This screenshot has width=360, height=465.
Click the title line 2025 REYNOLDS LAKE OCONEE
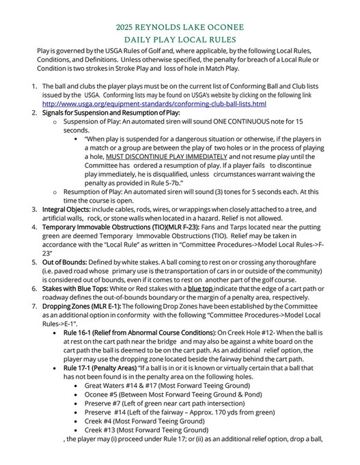[x=180, y=28]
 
